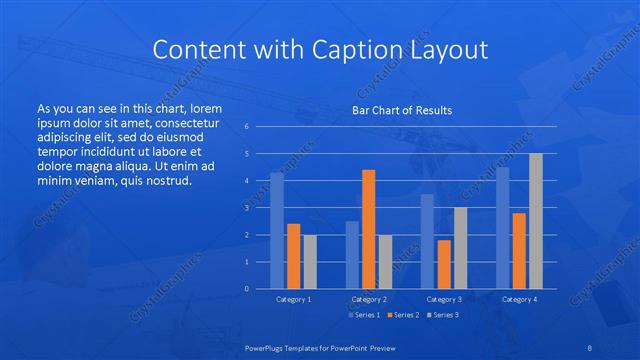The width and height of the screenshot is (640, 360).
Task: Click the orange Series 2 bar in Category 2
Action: (368, 229)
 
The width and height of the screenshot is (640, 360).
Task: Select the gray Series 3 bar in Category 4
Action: (536, 221)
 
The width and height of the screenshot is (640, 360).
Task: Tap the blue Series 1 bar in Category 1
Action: (277, 231)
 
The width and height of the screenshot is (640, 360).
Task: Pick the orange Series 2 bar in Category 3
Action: (443, 264)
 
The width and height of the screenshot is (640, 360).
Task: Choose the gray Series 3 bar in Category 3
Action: (460, 248)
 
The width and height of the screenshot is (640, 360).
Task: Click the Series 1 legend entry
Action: (363, 315)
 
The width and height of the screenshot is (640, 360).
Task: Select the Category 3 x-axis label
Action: (443, 299)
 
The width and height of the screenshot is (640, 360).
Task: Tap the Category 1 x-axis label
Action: (293, 299)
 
